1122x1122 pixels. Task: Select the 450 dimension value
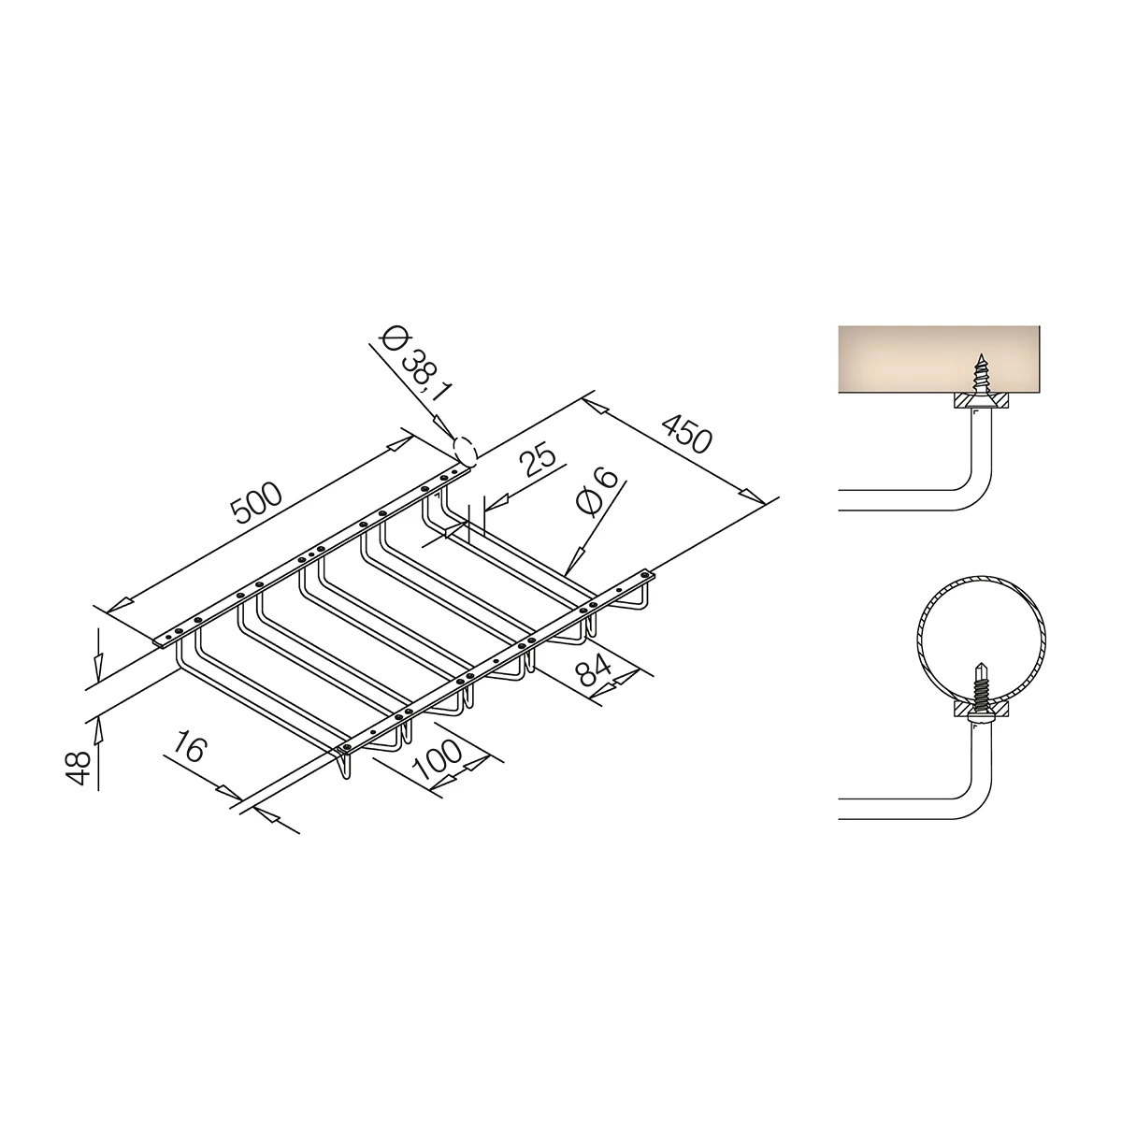pos(687,433)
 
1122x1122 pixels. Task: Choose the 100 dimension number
pos(438,760)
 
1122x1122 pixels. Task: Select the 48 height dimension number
pos(79,768)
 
